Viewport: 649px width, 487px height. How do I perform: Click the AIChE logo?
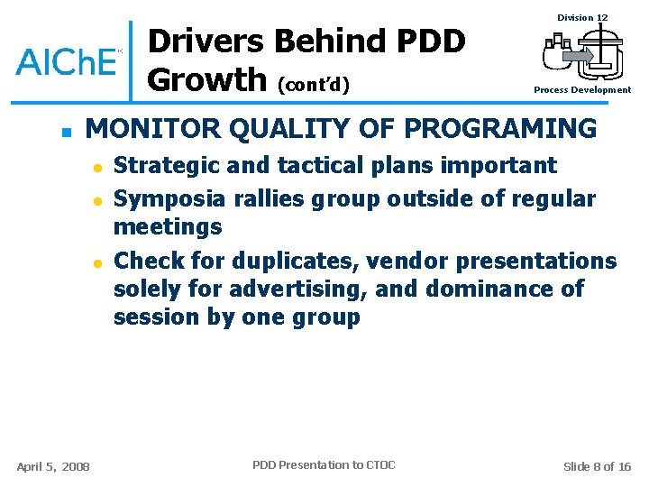[69, 60]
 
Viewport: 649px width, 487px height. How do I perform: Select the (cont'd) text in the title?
[314, 85]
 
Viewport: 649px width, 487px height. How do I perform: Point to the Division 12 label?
[582, 18]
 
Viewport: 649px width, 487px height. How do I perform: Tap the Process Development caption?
[582, 90]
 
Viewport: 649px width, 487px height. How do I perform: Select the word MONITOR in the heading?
[158, 129]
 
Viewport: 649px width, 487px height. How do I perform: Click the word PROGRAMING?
[500, 129]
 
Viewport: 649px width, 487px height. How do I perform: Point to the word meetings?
[168, 226]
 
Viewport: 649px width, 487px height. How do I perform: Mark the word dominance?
[479, 289]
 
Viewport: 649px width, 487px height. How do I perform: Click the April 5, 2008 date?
[53, 466]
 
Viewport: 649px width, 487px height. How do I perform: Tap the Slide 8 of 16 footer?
[597, 466]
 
